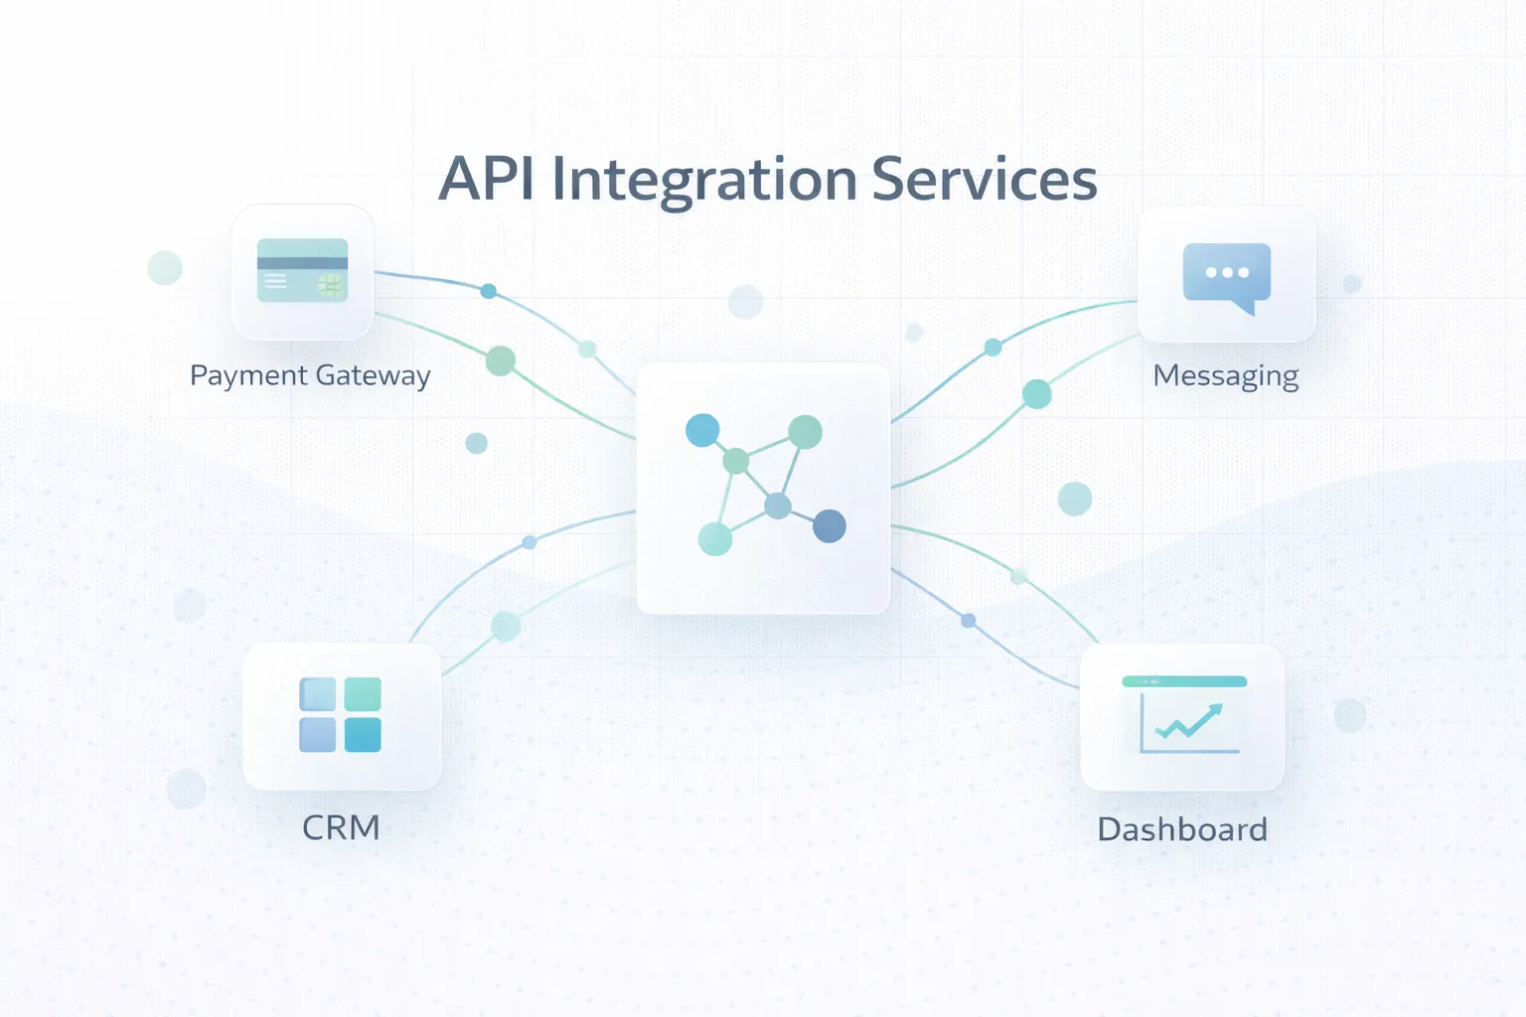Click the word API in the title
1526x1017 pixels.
click(486, 180)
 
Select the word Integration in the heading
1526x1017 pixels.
click(703, 180)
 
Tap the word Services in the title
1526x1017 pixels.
click(984, 180)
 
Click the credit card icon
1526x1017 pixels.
click(302, 270)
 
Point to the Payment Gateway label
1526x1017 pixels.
click(310, 375)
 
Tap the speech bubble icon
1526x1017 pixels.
click(1227, 275)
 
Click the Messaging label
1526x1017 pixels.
click(1225, 376)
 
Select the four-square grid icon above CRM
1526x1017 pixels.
click(340, 714)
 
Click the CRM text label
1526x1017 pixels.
click(341, 827)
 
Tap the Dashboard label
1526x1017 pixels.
click(1182, 829)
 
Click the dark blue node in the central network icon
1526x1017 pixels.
click(830, 525)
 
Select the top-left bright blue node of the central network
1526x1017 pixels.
click(702, 430)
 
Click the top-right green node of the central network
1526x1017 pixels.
click(805, 431)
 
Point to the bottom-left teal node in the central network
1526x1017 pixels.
click(715, 538)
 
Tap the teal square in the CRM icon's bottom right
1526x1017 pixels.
click(363, 735)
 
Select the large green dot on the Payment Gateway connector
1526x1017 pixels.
click(500, 361)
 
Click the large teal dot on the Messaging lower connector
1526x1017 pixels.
click(1036, 394)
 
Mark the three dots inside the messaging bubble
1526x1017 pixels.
click(1227, 272)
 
